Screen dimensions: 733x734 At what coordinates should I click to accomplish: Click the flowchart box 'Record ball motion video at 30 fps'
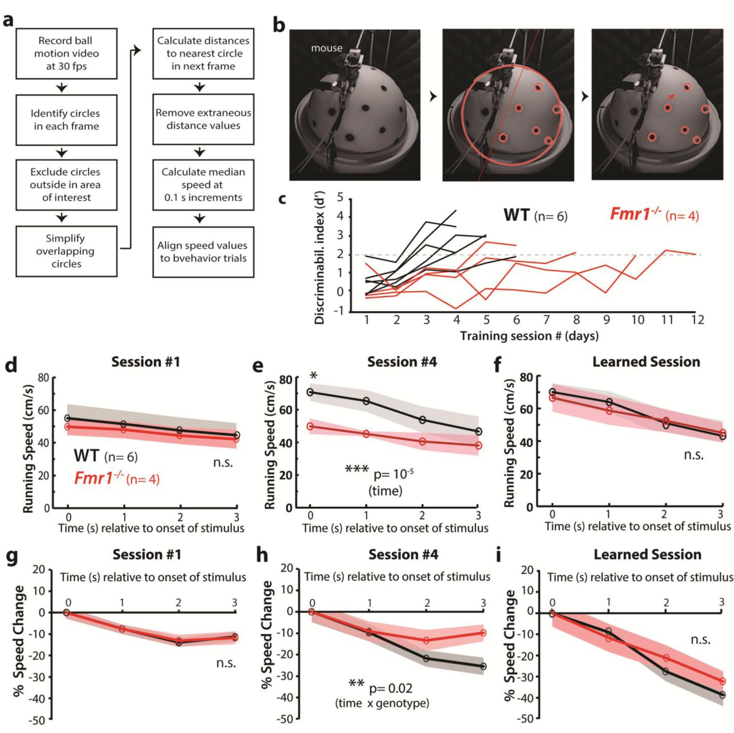tap(66, 53)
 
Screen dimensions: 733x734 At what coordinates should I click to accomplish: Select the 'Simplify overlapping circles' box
tap(66, 251)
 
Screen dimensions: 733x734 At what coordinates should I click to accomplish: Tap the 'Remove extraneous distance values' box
tap(203, 119)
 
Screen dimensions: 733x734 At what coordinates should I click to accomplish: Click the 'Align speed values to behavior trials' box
tap(203, 252)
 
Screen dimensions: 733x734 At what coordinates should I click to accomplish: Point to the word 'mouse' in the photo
tap(326, 48)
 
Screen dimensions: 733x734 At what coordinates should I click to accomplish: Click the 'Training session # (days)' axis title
tap(529, 336)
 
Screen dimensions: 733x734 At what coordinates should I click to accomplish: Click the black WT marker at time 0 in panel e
tap(310, 392)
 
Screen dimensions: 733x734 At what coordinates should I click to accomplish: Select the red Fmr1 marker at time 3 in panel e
tap(478, 445)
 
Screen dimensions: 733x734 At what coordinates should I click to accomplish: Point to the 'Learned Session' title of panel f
tap(646, 362)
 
